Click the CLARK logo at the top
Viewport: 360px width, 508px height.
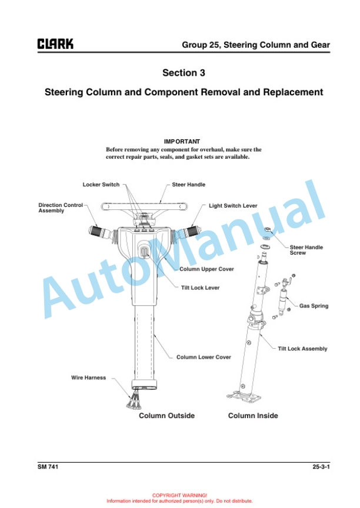(x=55, y=44)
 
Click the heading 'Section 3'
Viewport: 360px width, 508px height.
(x=179, y=73)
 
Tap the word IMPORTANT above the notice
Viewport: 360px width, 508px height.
(x=182, y=142)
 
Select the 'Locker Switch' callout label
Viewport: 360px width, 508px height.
(x=101, y=185)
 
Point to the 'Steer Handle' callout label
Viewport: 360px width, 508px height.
(x=188, y=185)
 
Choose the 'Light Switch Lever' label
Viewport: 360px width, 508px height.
(x=233, y=206)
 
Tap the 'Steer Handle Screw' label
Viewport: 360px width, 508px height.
(x=306, y=250)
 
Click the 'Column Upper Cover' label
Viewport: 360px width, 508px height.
(x=206, y=269)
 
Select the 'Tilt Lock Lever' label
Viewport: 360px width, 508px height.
(x=200, y=288)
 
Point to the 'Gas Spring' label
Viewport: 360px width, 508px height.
(x=314, y=306)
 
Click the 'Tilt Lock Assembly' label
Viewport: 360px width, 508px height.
(x=302, y=349)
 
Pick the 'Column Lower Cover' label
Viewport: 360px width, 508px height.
(x=204, y=357)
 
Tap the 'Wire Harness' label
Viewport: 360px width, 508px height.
(x=89, y=377)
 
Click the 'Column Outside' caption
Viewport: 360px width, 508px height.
(x=166, y=416)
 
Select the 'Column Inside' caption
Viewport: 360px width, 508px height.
(x=253, y=416)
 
